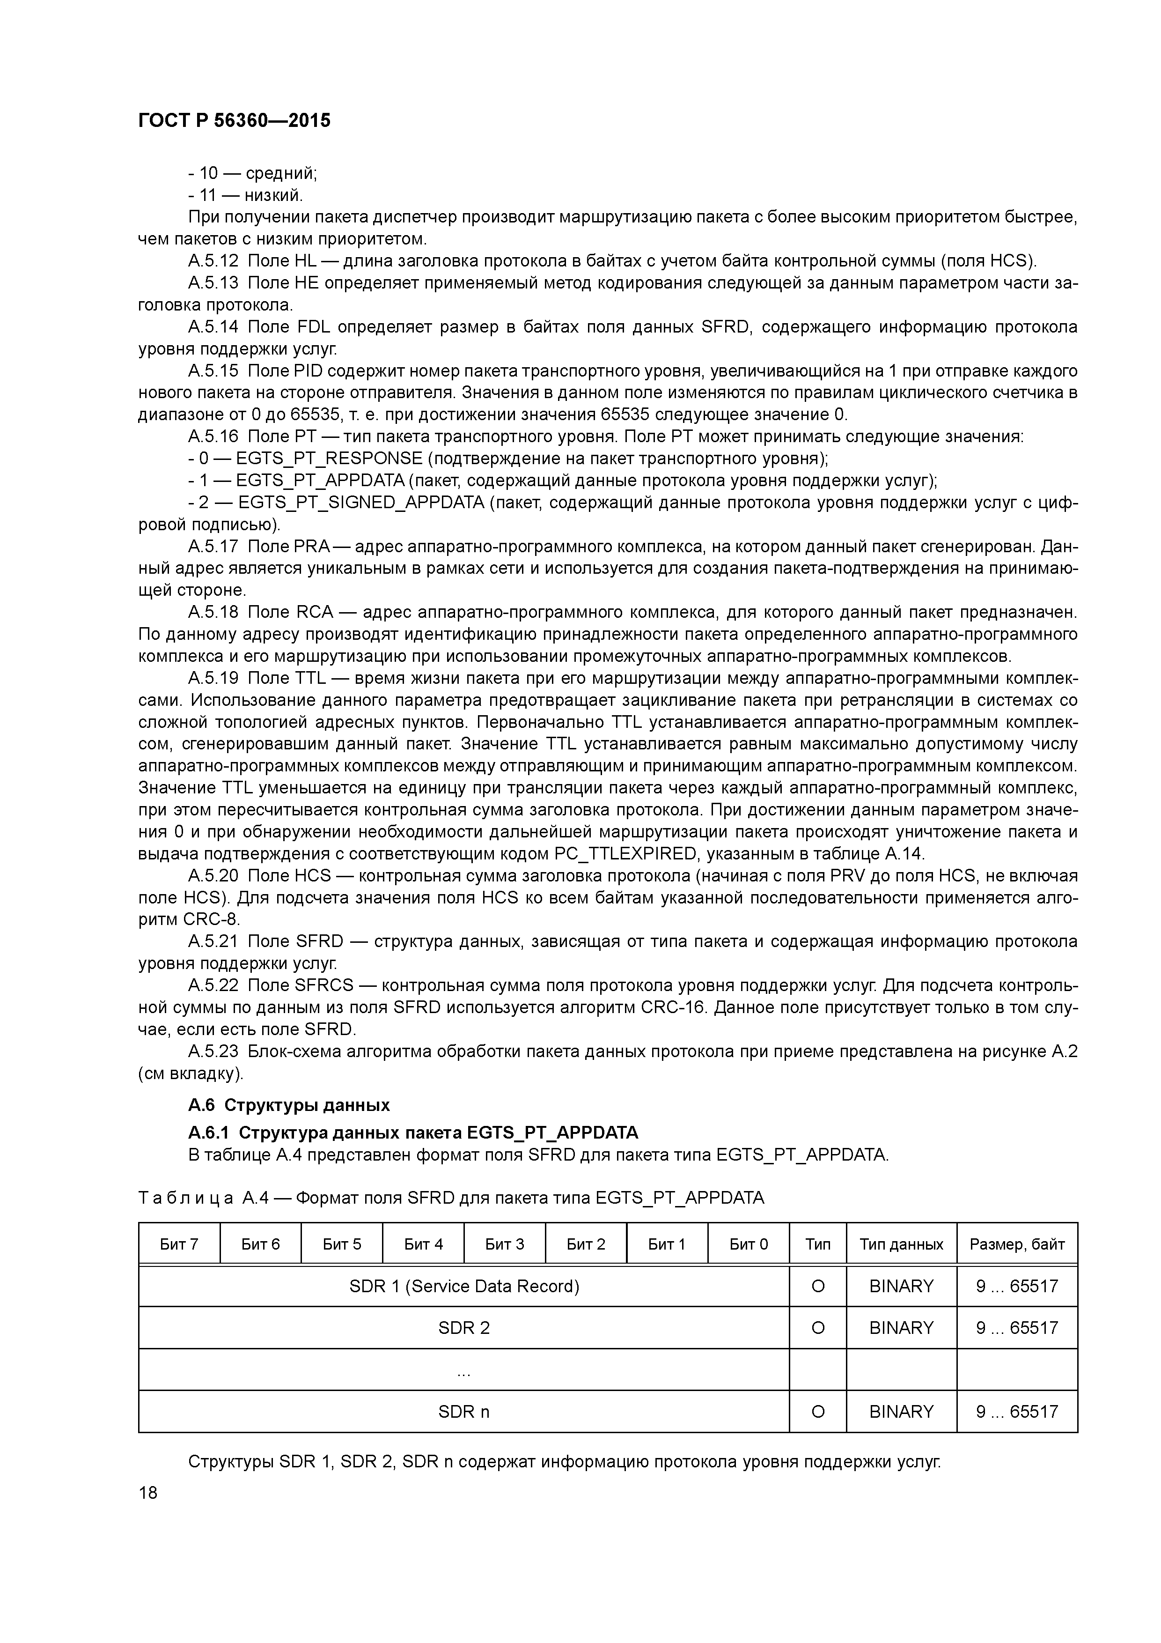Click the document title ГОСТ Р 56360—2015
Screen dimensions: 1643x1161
click(x=234, y=121)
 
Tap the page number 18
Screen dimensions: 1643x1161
click(x=148, y=1493)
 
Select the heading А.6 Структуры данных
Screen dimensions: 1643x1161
click(x=288, y=1105)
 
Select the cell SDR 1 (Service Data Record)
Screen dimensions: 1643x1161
click(x=463, y=1287)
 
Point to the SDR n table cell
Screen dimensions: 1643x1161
click(x=463, y=1412)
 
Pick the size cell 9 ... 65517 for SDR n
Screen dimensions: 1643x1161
click(x=1016, y=1412)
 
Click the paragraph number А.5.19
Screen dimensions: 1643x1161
click(x=213, y=678)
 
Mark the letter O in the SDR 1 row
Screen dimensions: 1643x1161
click(x=818, y=1287)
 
